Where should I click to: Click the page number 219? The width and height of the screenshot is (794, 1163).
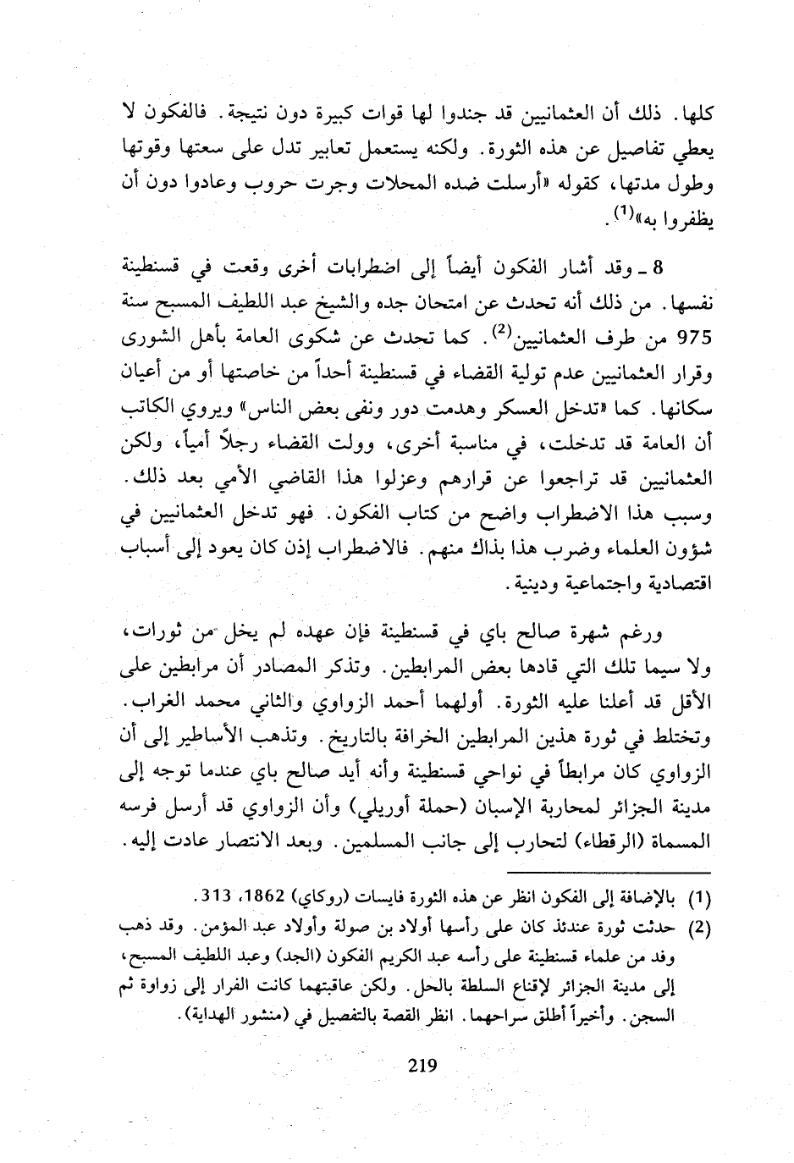[x=422, y=1065]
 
